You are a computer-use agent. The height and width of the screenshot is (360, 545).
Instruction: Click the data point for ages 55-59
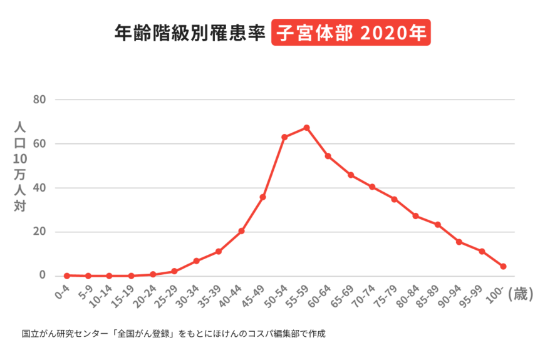click(306, 128)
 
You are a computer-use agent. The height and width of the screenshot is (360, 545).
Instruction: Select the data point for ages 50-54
click(284, 137)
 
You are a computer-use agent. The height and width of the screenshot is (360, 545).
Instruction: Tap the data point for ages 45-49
click(262, 197)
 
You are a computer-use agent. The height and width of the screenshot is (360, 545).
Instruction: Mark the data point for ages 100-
click(503, 267)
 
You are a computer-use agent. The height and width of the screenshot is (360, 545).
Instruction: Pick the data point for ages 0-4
click(66, 275)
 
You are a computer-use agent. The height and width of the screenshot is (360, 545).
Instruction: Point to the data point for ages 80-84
click(415, 216)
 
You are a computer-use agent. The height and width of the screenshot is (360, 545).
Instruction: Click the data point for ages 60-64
click(328, 156)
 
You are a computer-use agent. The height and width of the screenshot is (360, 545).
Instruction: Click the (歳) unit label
click(521, 294)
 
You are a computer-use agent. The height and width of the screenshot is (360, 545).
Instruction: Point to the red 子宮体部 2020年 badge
click(351, 33)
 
